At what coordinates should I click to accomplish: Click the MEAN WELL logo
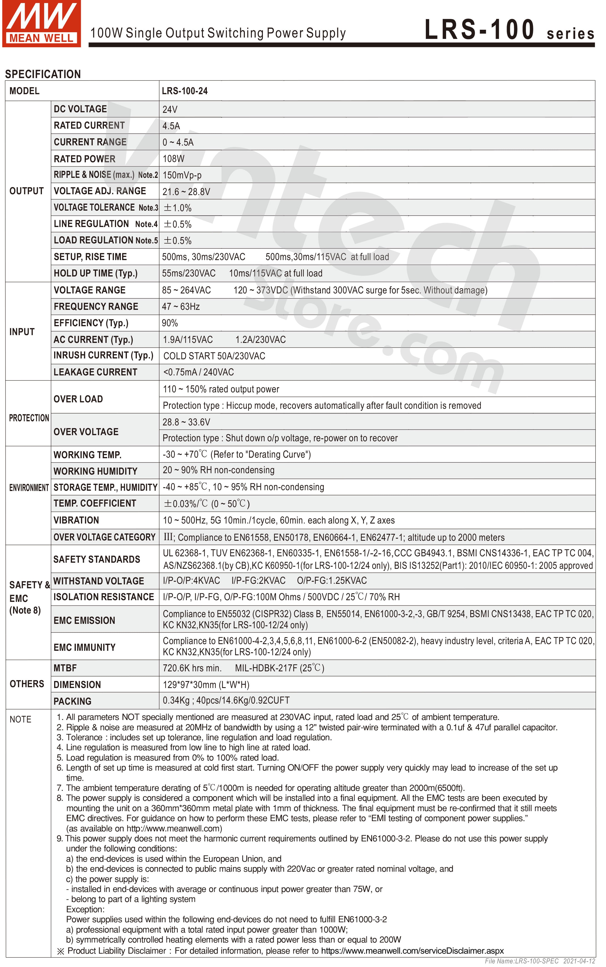pyautogui.click(x=41, y=23)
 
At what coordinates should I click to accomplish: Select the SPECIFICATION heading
pyautogui.click(x=43, y=74)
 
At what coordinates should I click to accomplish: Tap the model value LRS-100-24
pyautogui.click(x=185, y=91)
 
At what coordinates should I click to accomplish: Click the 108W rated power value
pyautogui.click(x=173, y=159)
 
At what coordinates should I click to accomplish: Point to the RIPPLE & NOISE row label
pyautogui.click(x=106, y=175)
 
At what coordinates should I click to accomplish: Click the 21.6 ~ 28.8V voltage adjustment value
pyautogui.click(x=186, y=192)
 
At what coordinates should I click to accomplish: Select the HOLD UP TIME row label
pyautogui.click(x=96, y=273)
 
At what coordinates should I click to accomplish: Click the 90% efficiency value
pyautogui.click(x=170, y=323)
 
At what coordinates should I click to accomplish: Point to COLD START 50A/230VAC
pyautogui.click(x=214, y=356)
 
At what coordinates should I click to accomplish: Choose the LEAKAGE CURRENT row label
pyautogui.click(x=95, y=372)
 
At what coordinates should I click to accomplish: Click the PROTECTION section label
pyautogui.click(x=29, y=418)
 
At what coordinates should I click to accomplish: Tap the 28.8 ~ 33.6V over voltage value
pyautogui.click(x=186, y=422)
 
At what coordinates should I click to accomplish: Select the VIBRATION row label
pyautogui.click(x=76, y=521)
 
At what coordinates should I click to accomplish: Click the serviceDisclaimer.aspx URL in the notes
pyautogui.click(x=413, y=951)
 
